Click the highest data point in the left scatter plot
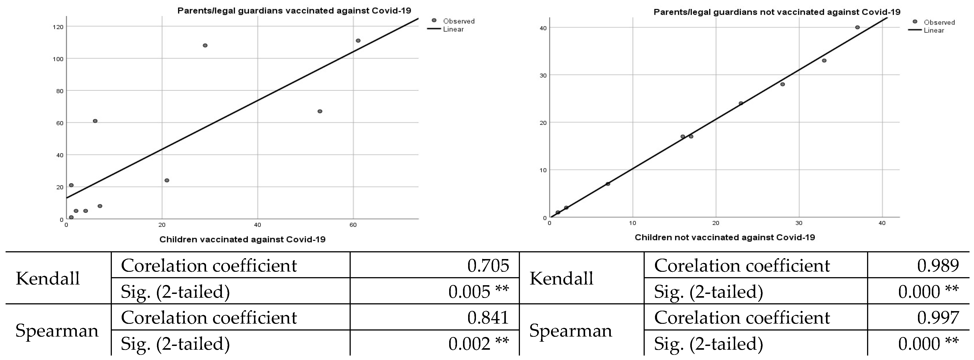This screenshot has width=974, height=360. [x=358, y=40]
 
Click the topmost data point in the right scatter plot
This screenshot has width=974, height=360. [x=857, y=27]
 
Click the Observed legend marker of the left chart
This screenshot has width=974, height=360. [x=434, y=20]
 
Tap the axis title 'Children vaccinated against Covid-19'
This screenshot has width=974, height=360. [x=242, y=239]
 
